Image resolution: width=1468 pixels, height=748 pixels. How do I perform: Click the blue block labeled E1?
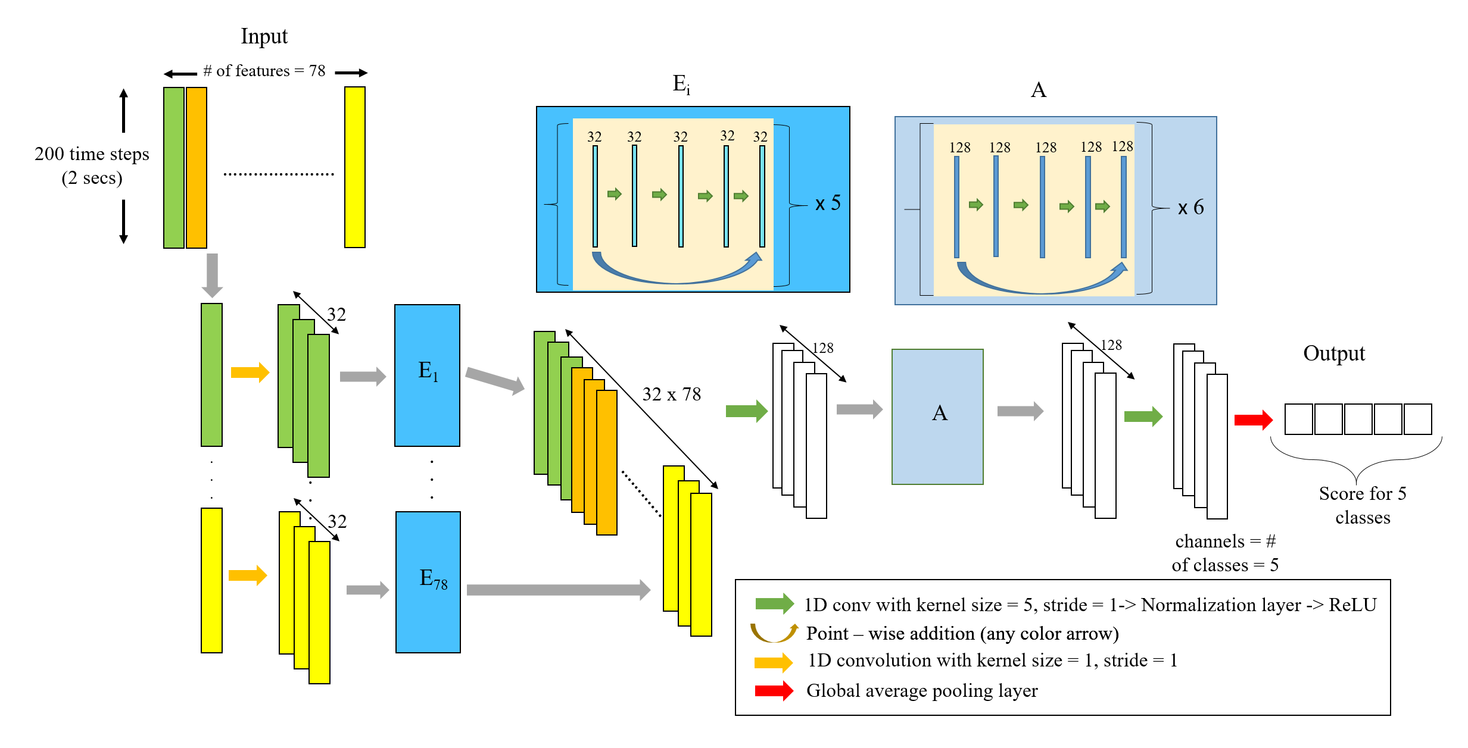(427, 375)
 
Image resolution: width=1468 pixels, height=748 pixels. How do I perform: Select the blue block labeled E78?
(428, 581)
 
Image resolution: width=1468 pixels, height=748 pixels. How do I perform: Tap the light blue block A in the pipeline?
(937, 417)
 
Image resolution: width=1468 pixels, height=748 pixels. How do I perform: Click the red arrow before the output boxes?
(1253, 420)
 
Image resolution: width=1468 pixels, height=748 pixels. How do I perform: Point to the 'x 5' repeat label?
(828, 204)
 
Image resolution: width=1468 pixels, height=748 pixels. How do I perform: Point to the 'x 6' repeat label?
(1190, 208)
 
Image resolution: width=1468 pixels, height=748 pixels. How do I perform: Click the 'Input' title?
(264, 36)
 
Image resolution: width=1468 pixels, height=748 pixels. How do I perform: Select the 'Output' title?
(1333, 353)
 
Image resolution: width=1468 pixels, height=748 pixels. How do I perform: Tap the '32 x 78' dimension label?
(671, 395)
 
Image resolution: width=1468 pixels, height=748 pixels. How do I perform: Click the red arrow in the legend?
(774, 691)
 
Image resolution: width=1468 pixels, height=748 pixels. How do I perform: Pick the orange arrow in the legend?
(773, 662)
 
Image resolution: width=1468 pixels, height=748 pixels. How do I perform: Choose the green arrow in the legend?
(774, 604)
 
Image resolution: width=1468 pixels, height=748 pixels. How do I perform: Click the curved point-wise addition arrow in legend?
(774, 633)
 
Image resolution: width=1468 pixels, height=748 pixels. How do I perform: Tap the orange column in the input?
(197, 167)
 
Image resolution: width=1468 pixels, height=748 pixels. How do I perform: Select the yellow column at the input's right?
(354, 167)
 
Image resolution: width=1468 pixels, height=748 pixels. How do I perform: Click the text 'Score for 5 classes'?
(1362, 505)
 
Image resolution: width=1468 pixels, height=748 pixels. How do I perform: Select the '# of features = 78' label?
(264, 71)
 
